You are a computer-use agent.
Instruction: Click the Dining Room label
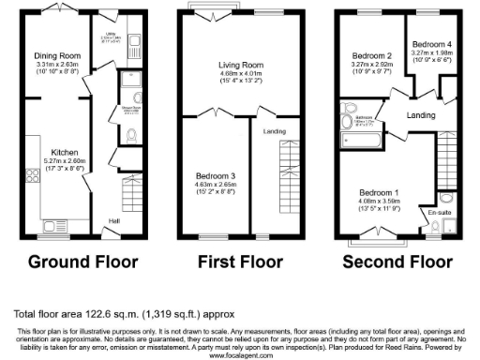click(x=52, y=55)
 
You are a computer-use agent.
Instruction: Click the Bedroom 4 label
click(x=436, y=44)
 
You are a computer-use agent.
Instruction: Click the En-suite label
click(x=440, y=213)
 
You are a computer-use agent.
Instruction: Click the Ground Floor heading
click(x=82, y=262)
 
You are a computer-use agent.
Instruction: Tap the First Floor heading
click(x=234, y=262)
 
